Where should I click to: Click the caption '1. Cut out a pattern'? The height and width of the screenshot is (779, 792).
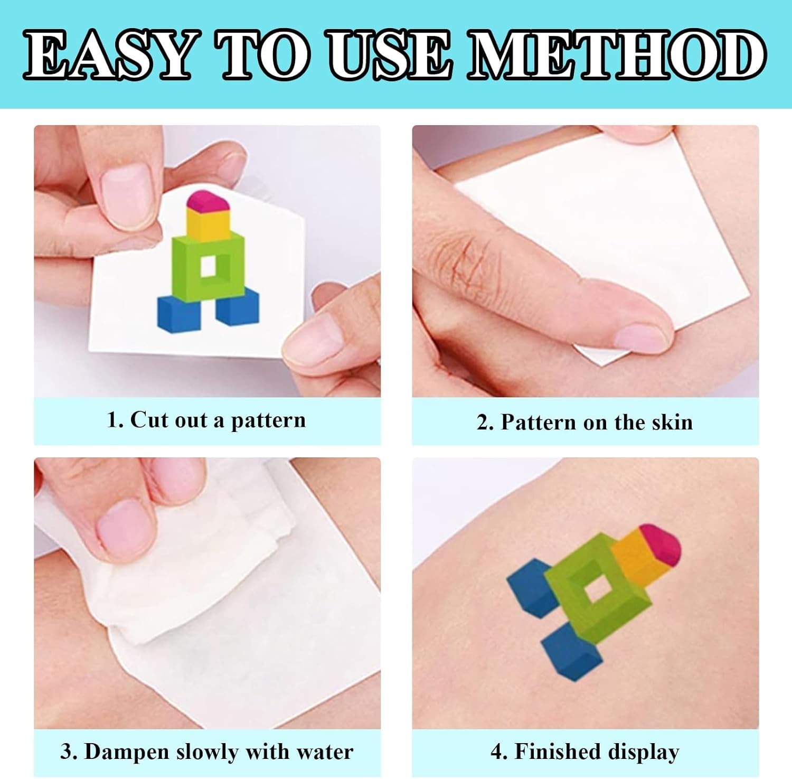206,420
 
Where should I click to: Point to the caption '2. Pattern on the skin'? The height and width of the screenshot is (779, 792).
584,423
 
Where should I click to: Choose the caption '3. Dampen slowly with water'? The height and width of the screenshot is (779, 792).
206,752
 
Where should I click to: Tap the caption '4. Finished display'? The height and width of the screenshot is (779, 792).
584,752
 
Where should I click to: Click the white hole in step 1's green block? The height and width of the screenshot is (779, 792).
209,266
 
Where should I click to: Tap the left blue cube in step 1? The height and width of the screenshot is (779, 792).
180,314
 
